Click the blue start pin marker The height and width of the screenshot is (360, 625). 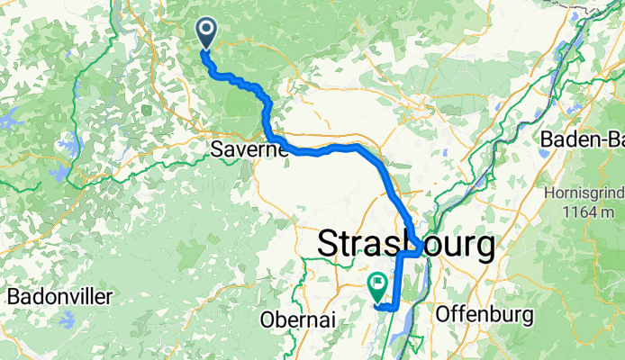[206, 33]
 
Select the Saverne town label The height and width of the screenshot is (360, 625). [249, 149]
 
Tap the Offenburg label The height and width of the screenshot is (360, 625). [484, 315]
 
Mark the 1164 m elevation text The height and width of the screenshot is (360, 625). [584, 211]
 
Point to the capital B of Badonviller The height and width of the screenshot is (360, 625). [14, 297]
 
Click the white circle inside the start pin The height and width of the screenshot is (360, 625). [206, 31]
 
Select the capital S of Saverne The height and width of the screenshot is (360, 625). [217, 149]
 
